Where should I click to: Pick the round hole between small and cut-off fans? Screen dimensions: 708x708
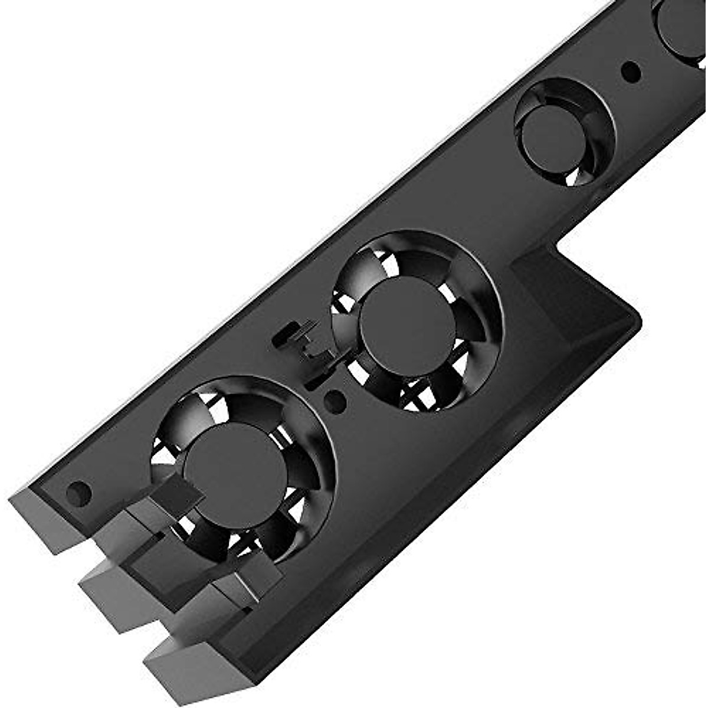(x=631, y=72)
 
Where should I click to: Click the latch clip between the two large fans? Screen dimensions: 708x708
(x=304, y=345)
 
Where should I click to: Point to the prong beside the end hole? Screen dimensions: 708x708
(x=44, y=519)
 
